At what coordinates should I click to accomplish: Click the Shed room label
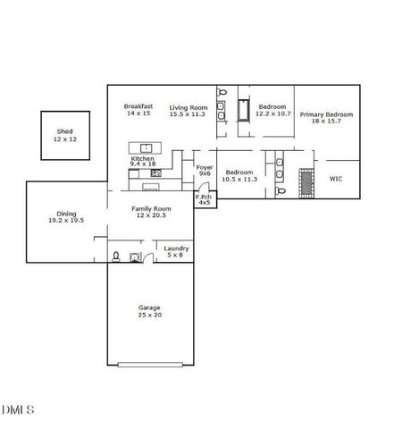tap(64, 130)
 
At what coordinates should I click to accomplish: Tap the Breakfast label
tap(139, 106)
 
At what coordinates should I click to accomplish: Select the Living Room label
tap(188, 106)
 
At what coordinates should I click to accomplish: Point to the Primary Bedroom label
tap(326, 114)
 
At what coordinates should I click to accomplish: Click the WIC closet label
tap(336, 179)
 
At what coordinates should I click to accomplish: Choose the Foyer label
tap(204, 167)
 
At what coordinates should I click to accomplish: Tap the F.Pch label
tap(204, 197)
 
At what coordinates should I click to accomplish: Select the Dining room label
tap(66, 214)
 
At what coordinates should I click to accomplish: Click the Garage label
tap(149, 307)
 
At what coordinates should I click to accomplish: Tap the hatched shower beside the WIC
tap(306, 182)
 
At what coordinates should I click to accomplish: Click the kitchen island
tap(144, 147)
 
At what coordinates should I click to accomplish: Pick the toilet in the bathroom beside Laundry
tap(116, 257)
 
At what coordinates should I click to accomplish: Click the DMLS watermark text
tap(18, 410)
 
